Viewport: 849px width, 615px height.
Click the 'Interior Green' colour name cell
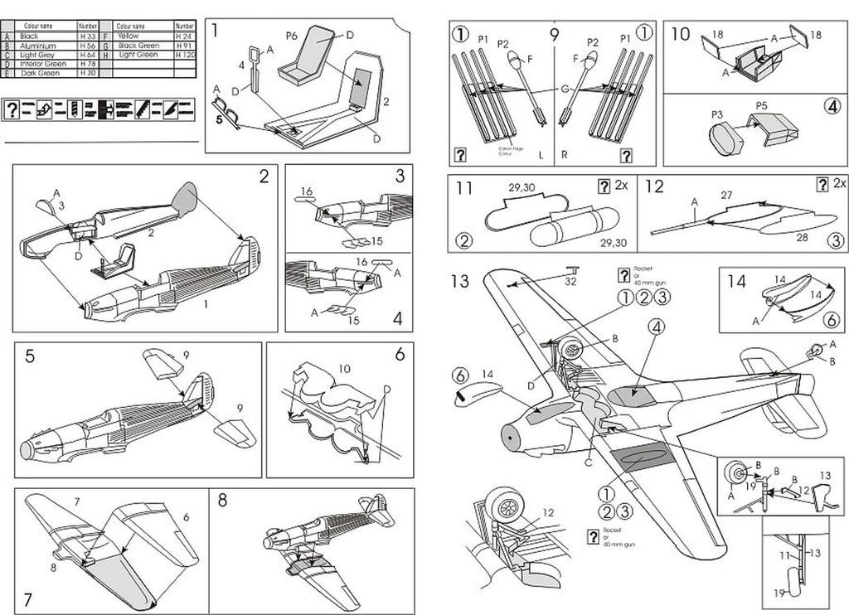(43, 64)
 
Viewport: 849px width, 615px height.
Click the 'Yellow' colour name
(128, 36)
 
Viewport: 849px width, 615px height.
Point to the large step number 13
(460, 281)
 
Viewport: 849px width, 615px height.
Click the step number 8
(222, 500)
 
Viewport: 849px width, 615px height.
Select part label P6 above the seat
(291, 36)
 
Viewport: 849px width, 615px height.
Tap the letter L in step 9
(541, 155)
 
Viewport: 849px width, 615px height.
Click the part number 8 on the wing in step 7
(53, 568)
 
